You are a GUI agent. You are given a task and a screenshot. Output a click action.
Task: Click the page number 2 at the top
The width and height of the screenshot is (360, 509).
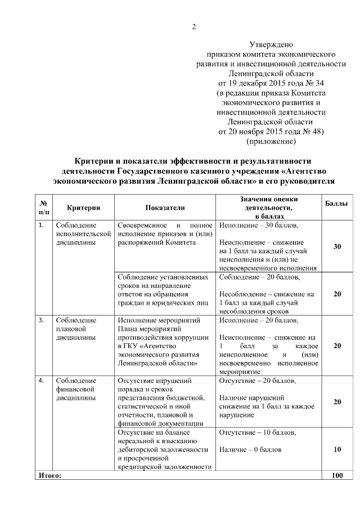coord(194,26)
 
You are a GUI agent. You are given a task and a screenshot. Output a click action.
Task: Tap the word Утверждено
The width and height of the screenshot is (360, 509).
coord(274,44)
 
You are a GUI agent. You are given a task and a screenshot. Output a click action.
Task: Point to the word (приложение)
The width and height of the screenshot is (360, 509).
coord(274,141)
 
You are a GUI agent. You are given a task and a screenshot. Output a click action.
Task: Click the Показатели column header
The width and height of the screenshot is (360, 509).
coord(165,208)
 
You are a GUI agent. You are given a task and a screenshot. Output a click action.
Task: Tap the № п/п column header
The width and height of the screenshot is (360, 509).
coord(43,208)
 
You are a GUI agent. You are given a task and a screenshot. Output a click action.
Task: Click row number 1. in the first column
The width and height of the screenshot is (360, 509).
coord(41,226)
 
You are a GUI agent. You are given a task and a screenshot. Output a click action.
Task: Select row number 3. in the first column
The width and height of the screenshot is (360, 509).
coord(41,321)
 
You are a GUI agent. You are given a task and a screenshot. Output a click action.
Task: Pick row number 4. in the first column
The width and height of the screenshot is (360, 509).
coord(41,381)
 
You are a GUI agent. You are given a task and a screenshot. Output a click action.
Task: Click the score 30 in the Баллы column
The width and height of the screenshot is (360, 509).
coord(337,247)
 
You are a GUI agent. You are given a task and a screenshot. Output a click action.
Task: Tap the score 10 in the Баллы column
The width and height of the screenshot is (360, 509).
coord(337,449)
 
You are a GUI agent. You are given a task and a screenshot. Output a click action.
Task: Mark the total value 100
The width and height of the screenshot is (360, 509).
coord(337,475)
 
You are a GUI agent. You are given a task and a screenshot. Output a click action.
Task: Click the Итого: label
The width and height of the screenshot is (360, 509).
coord(49,475)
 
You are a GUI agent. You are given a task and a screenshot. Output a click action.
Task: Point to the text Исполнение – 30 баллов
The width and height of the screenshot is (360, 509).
coord(259,226)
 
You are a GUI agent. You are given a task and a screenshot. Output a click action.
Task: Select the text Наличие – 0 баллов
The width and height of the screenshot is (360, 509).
coord(250,450)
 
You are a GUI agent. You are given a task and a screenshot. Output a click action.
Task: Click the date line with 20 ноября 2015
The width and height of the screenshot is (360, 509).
coord(274,131)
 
